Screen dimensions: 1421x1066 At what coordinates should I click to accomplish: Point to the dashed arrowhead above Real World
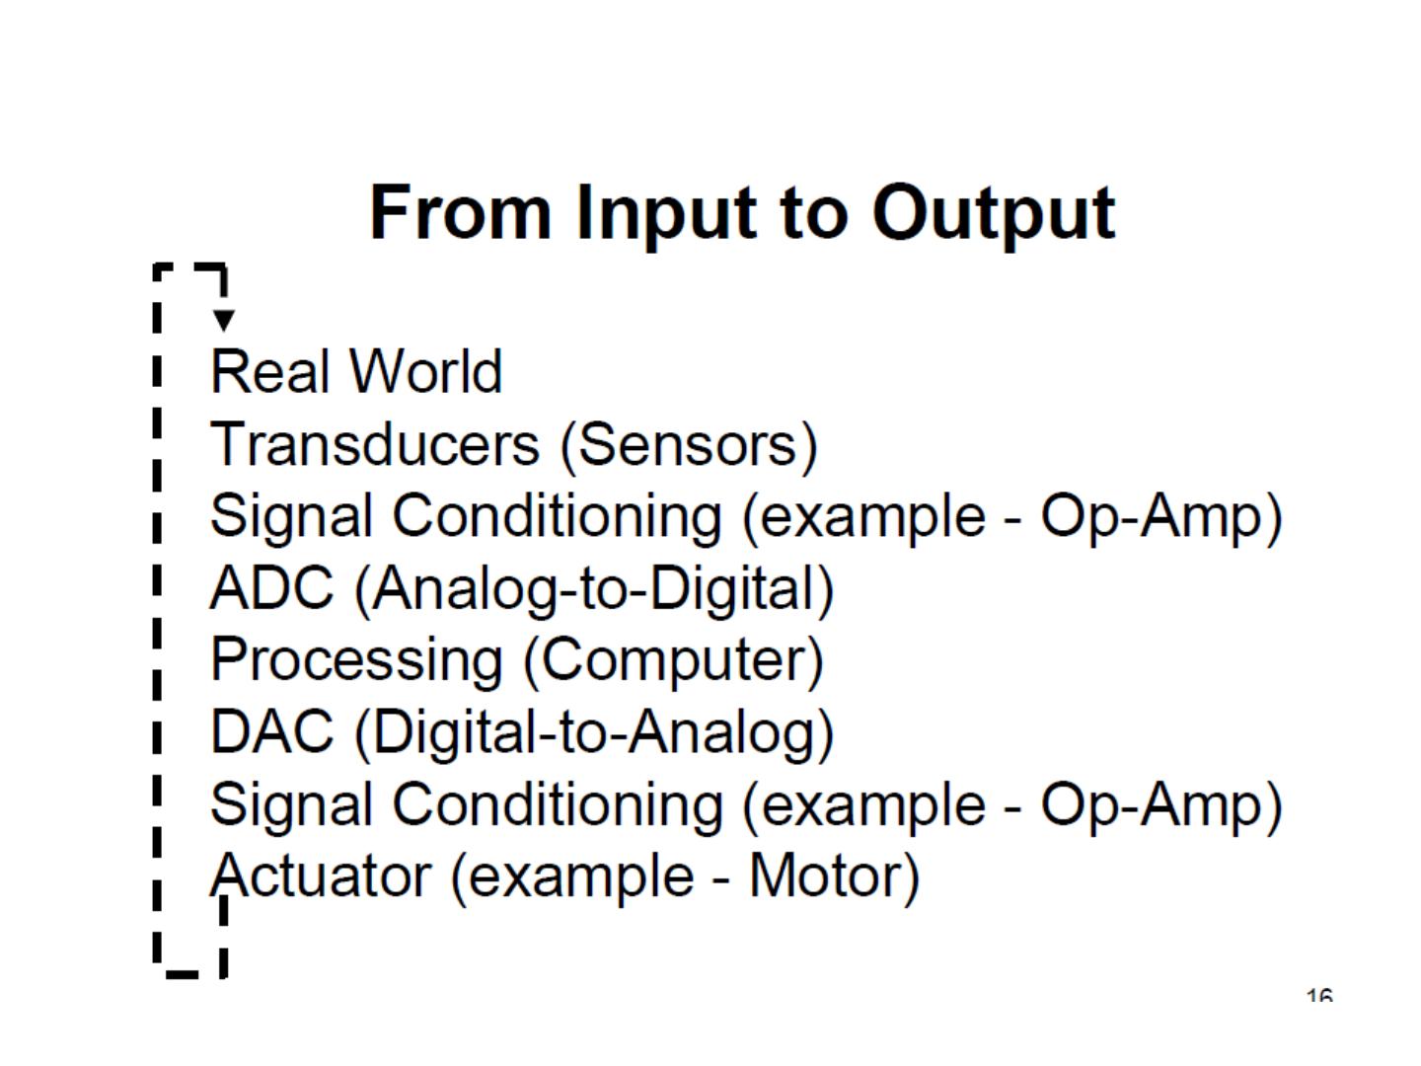[x=224, y=320]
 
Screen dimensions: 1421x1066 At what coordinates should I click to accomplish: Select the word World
[x=426, y=372]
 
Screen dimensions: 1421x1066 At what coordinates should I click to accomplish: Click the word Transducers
[x=375, y=444]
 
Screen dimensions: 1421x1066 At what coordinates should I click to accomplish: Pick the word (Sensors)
[x=689, y=444]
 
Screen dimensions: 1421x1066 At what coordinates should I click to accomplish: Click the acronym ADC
[x=272, y=588]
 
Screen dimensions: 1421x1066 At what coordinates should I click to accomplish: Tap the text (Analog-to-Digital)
[x=594, y=590]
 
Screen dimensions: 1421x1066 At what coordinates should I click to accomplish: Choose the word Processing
[x=356, y=660]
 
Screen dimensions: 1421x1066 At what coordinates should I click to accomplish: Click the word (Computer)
[x=673, y=660]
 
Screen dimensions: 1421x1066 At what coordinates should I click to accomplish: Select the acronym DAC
[x=272, y=732]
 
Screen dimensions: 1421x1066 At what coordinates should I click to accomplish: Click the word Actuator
[x=321, y=876]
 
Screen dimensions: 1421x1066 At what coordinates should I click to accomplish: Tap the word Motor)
[x=834, y=876]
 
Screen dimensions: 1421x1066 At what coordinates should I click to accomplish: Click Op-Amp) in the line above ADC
[x=1161, y=516]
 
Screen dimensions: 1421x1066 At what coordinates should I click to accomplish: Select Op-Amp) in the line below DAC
[x=1161, y=804]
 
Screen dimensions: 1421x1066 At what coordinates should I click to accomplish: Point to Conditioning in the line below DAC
[x=558, y=804]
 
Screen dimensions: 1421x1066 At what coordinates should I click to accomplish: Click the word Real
[x=268, y=372]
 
